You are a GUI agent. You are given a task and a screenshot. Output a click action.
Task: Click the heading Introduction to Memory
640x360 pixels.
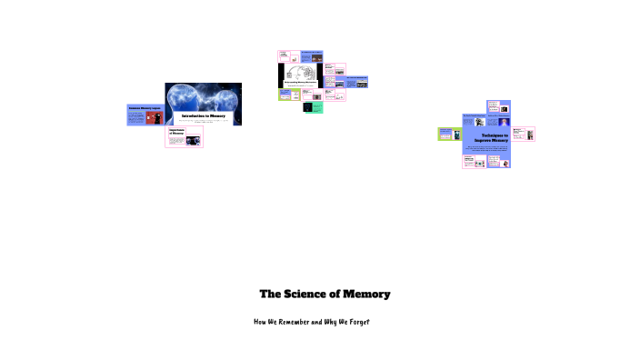click(203, 116)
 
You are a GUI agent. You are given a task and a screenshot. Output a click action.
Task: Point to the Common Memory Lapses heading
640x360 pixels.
click(144, 108)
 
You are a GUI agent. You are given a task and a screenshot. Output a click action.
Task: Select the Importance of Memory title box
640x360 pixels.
click(175, 134)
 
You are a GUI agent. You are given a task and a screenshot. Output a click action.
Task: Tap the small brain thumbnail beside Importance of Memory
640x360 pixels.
click(193, 140)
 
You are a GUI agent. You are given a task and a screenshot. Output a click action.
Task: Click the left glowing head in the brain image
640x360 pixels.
click(185, 98)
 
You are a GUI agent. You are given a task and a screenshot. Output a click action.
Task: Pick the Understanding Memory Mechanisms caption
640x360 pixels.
click(300, 81)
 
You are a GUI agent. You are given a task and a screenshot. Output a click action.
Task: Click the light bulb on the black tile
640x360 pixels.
click(307, 107)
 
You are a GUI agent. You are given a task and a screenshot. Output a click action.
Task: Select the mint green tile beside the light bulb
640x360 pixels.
click(318, 107)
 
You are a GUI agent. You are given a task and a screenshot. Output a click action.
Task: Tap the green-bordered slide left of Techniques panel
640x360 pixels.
click(449, 135)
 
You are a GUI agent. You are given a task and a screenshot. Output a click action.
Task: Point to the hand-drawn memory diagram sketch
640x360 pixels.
click(300, 72)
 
